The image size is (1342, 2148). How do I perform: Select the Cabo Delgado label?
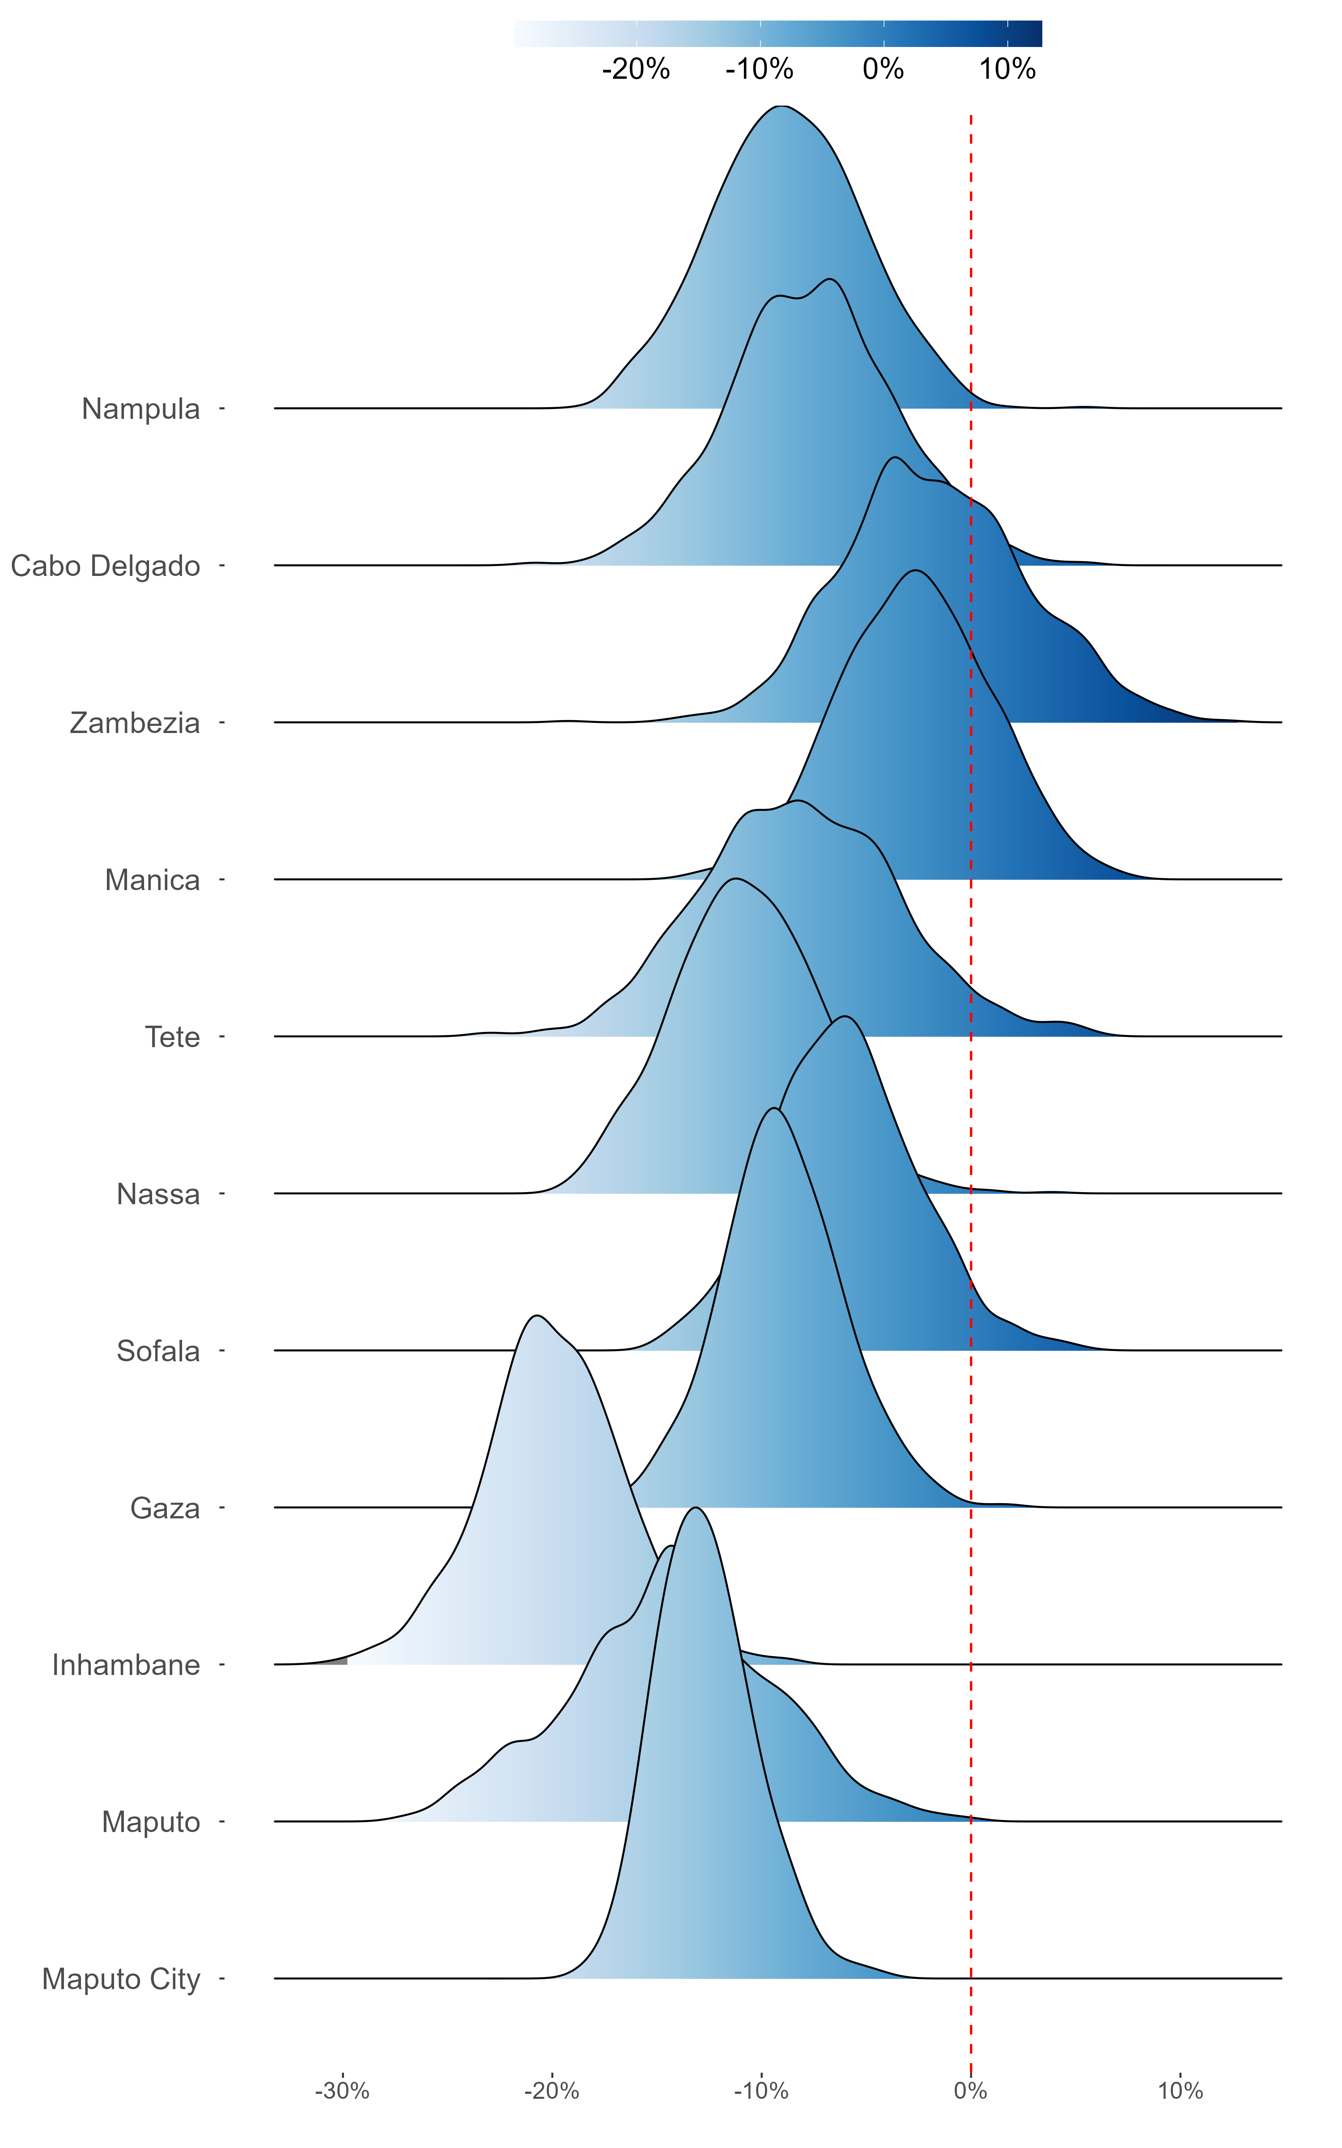[106, 566]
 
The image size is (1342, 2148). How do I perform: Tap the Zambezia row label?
[135, 724]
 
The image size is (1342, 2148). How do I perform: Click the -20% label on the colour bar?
[636, 69]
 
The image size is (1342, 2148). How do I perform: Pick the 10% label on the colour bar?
[1007, 69]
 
